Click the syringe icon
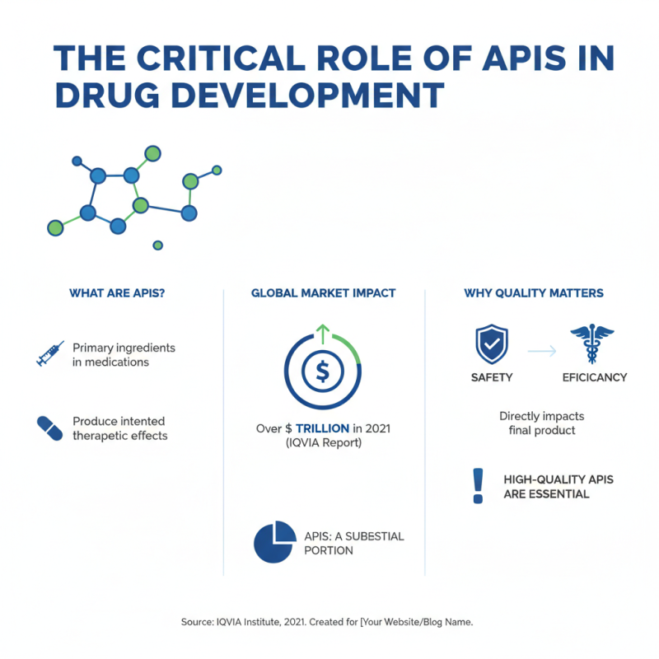pos(50,353)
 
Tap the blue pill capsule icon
pos(49,428)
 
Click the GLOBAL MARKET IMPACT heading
pos(323,293)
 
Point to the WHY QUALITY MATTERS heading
pos(533,293)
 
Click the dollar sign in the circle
pos(322,372)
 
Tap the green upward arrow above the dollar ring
pos(322,332)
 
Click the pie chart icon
pos(275,541)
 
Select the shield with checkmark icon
pos(492,344)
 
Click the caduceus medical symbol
pos(591,344)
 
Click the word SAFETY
pos(492,377)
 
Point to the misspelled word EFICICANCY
pos(594,377)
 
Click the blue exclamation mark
pos(477,486)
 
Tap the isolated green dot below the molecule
pos(157,245)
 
